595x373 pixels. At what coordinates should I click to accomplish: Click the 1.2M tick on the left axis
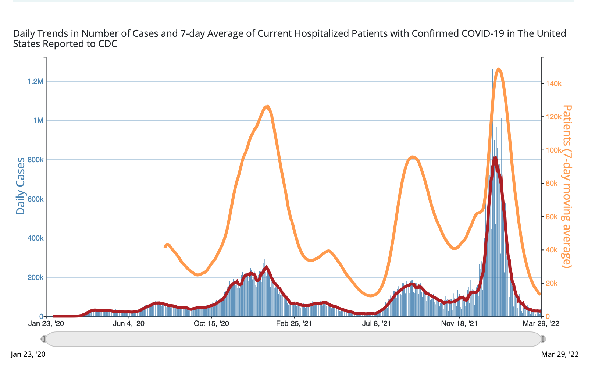click(35, 81)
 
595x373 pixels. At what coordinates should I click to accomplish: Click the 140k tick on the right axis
click(553, 84)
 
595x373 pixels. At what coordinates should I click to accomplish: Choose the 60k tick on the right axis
click(552, 217)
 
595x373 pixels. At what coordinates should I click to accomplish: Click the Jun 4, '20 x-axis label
click(129, 324)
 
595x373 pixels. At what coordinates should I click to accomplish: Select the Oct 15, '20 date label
click(211, 324)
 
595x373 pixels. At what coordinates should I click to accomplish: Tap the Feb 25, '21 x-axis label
click(294, 324)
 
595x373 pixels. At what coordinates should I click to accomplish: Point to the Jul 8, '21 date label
click(377, 324)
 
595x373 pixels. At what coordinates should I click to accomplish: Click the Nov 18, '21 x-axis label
click(459, 324)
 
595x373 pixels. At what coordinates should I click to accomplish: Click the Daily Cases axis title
click(21, 186)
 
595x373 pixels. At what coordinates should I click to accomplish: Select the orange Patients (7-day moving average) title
click(567, 186)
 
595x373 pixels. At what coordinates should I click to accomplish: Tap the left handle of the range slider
click(43, 339)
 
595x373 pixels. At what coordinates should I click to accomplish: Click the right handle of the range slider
click(544, 339)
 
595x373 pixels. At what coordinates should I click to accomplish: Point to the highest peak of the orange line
click(498, 69)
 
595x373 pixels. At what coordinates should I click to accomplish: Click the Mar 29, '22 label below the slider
click(560, 354)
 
